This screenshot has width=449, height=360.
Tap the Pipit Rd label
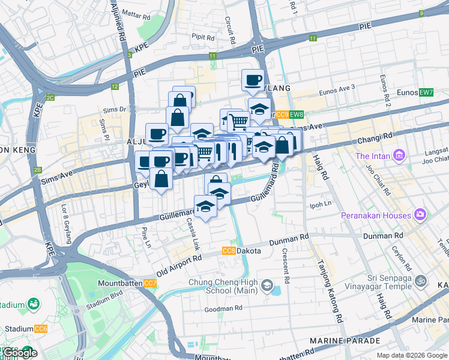pos(203,37)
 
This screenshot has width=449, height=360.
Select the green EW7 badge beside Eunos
pos(426,92)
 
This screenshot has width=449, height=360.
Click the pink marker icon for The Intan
pos(397,156)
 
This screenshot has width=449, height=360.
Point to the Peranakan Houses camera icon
pos(420,215)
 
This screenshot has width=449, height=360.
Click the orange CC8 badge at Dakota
pos(229,251)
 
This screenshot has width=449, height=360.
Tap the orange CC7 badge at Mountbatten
pos(150,283)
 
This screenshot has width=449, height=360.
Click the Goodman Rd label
pos(223,308)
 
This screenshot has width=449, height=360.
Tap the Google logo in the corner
pos(19,353)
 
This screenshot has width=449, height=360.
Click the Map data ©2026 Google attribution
pos(412,355)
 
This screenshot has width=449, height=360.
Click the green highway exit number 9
pos(422,13)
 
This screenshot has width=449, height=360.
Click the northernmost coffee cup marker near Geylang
pos(253,79)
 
